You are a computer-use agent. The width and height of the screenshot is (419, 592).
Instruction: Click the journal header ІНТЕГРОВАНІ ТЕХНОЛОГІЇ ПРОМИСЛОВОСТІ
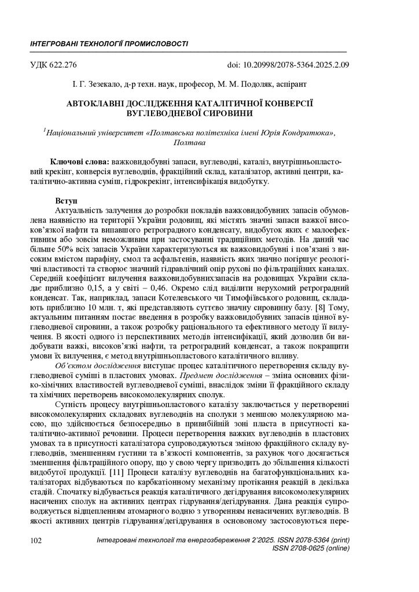(x=108, y=44)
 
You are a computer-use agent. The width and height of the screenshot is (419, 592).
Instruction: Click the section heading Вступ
(x=67, y=200)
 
